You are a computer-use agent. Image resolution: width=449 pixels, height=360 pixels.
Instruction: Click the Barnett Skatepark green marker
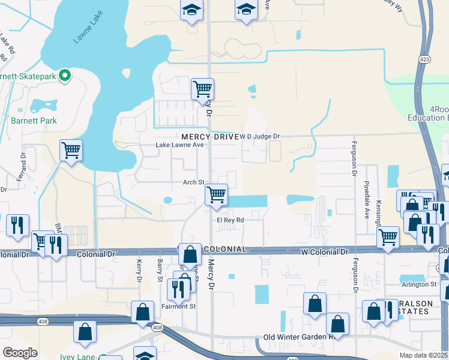(67, 76)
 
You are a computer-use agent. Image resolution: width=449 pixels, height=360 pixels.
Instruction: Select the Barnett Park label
(33, 121)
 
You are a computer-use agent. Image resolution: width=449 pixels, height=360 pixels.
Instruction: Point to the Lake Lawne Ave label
(180, 145)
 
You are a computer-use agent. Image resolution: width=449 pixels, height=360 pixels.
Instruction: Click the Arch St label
(194, 182)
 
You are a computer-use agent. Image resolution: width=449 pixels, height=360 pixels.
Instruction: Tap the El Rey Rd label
(231, 220)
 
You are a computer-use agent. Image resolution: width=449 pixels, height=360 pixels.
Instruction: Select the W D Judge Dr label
(260, 137)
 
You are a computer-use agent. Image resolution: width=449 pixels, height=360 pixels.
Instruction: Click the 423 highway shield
(424, 59)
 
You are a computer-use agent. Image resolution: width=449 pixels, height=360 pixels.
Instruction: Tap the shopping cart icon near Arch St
(216, 195)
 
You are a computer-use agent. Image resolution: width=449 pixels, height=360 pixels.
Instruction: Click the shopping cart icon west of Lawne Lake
(71, 151)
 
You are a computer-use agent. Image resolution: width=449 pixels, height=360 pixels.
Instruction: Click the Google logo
(20, 353)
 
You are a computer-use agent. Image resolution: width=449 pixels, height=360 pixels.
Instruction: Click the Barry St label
(160, 270)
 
